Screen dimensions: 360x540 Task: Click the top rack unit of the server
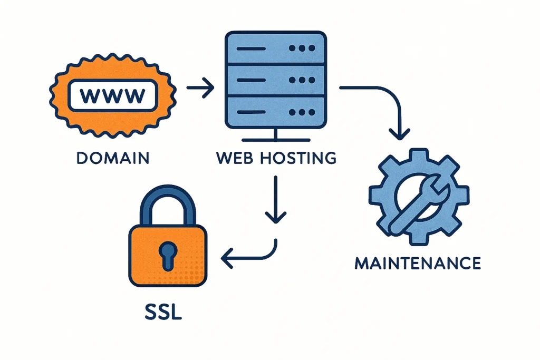click(274, 48)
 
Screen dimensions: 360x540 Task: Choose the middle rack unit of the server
click(274, 81)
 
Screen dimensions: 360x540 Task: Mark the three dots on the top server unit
click(302, 48)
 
